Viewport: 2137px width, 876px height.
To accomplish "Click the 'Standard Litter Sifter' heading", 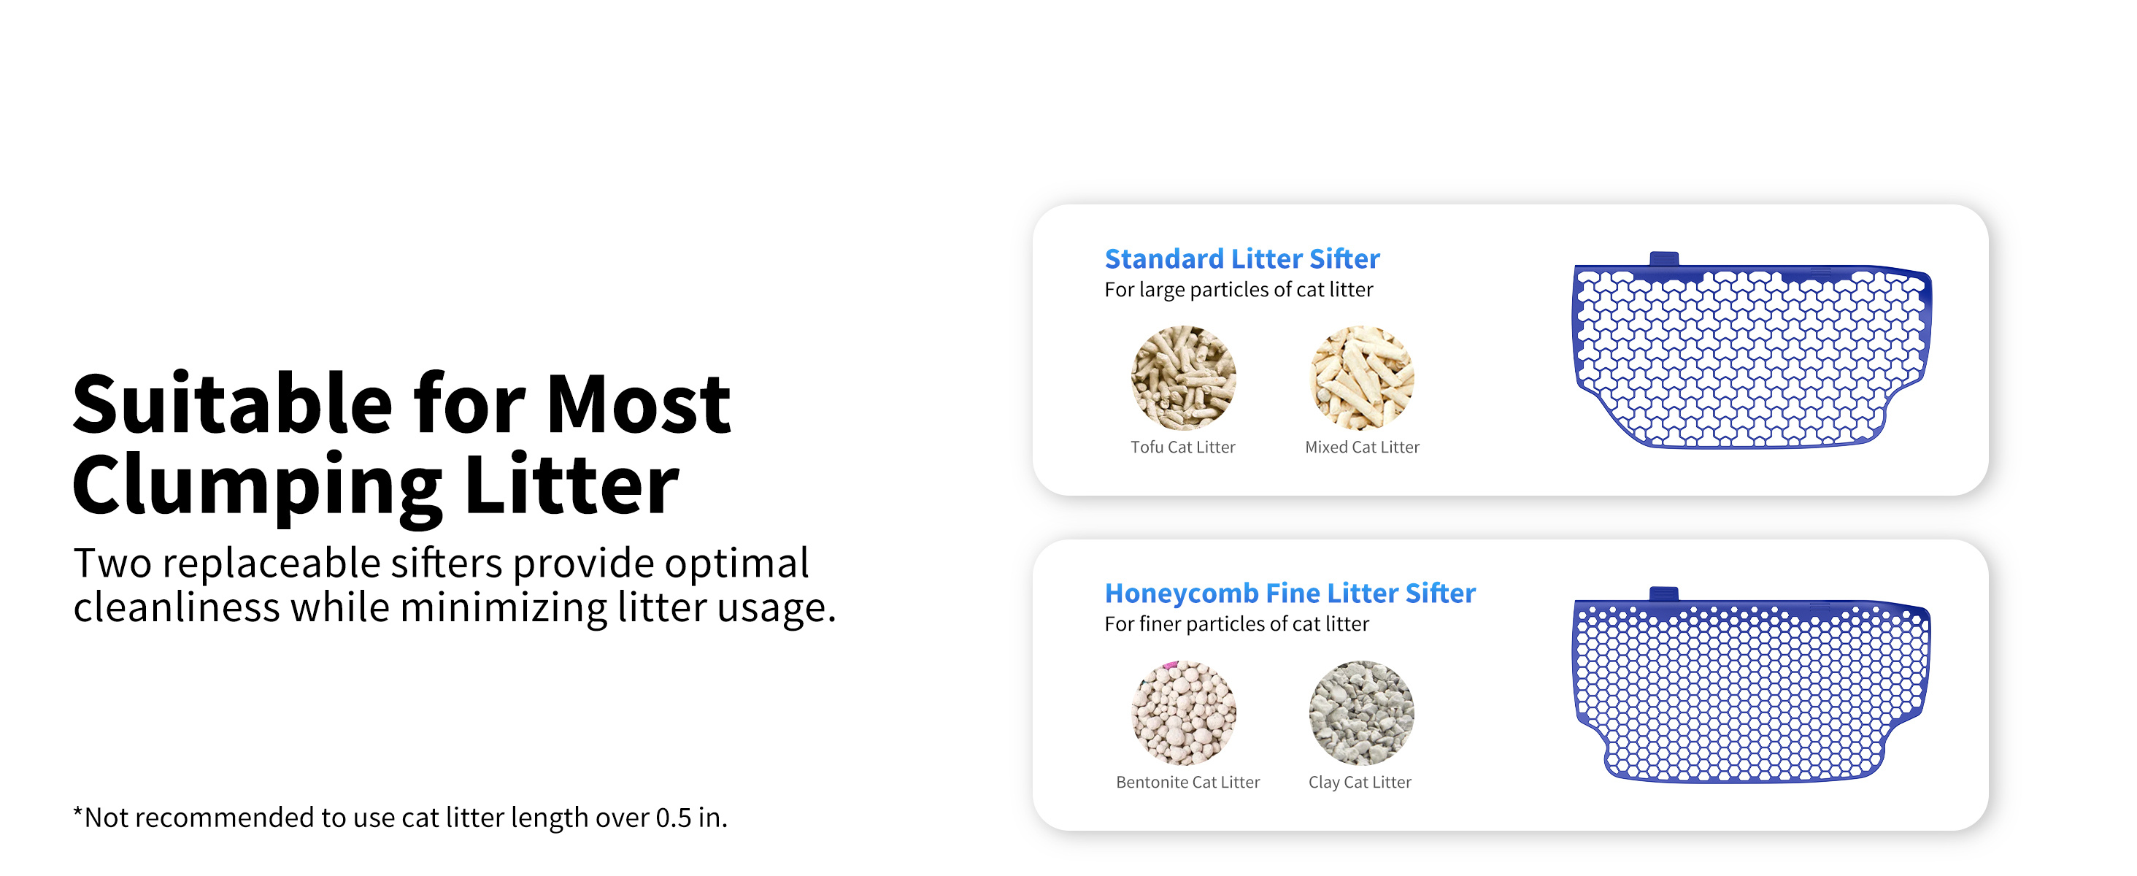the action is [1242, 259].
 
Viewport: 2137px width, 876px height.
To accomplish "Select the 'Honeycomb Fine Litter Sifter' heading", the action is [1290, 593].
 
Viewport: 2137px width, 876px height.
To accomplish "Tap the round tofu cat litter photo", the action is [1183, 377].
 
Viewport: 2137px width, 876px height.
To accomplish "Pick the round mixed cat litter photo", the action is [1362, 377].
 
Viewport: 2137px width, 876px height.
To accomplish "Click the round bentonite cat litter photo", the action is [1183, 712].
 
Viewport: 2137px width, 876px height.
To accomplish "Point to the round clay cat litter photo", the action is [1361, 712].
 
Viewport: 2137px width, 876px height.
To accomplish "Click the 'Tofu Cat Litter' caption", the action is [1183, 447].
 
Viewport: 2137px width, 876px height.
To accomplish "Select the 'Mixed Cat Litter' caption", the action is [1362, 447].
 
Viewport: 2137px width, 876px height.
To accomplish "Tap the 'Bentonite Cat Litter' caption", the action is [1188, 783].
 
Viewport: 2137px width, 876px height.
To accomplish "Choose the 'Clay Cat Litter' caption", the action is [1360, 783].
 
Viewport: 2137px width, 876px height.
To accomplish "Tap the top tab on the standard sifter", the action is [1663, 259].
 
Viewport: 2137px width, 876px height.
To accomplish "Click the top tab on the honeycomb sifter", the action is [1663, 594].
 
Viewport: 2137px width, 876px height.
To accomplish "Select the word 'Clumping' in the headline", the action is [258, 488].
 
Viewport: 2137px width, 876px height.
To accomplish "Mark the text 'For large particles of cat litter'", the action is [1239, 290].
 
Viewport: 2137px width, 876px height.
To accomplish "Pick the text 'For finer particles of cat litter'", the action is [1237, 624].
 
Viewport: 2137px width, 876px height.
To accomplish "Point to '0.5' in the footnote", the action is [674, 818].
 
